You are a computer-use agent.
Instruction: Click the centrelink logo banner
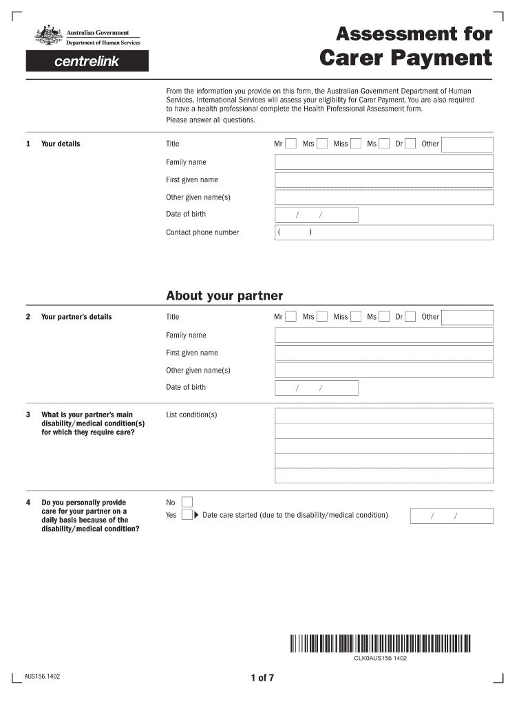(x=87, y=61)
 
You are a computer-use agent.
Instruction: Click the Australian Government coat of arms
(x=48, y=36)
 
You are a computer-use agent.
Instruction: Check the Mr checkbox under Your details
(x=291, y=144)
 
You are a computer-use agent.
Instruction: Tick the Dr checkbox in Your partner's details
(x=410, y=317)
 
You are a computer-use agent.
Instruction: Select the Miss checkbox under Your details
(x=356, y=144)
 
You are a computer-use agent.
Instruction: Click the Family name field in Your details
(x=384, y=162)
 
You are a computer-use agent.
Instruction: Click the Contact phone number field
(x=384, y=232)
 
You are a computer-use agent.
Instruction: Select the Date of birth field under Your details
(x=317, y=215)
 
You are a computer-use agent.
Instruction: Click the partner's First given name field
(x=384, y=353)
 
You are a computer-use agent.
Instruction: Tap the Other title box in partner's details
(x=467, y=317)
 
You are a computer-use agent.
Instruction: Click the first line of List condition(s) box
(x=384, y=415)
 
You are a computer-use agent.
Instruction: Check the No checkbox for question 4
(x=187, y=502)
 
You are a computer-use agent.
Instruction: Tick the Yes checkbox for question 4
(x=187, y=515)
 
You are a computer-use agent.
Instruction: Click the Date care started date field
(x=452, y=516)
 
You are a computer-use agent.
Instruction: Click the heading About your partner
(x=224, y=296)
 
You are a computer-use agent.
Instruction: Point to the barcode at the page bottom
(x=380, y=643)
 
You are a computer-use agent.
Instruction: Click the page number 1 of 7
(x=262, y=678)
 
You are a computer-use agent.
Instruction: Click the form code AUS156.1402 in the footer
(x=42, y=676)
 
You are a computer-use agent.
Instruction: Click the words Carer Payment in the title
(x=406, y=58)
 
